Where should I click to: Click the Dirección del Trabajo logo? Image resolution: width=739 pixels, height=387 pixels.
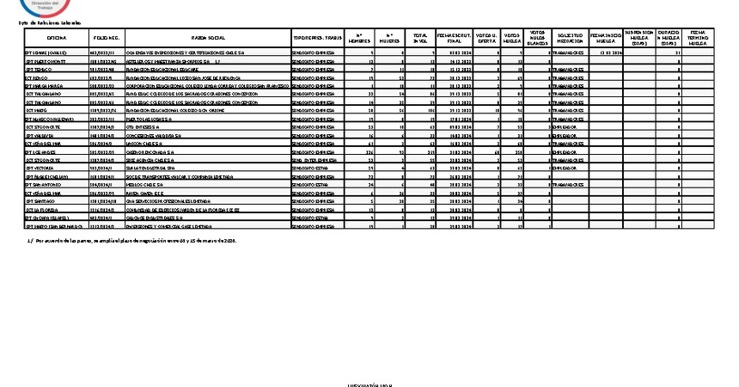click(49, 7)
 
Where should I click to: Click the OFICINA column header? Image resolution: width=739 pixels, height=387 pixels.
click(56, 39)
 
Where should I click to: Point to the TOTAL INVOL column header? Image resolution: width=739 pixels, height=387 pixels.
click(419, 39)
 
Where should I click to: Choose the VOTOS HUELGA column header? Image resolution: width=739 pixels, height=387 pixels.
click(512, 39)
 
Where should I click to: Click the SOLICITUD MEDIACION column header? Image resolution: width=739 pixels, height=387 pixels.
click(569, 39)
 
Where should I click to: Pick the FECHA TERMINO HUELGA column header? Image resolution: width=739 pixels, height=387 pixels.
click(697, 38)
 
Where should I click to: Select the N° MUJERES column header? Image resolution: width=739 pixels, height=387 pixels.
click(390, 39)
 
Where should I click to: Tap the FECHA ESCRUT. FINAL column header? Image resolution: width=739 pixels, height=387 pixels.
click(455, 39)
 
